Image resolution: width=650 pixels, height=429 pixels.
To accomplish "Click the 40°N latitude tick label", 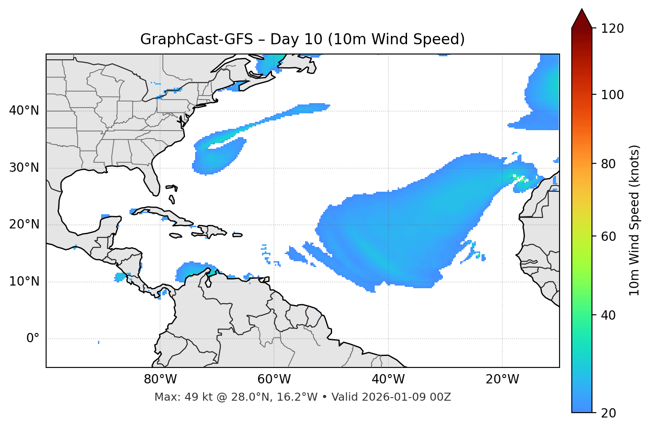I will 24,111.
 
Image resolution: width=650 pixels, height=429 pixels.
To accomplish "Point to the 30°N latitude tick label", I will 24,168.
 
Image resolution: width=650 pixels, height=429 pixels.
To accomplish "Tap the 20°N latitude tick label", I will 24,224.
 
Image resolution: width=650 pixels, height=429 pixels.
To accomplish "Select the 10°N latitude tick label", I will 24,282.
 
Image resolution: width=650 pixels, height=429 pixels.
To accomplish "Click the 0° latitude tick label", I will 33,339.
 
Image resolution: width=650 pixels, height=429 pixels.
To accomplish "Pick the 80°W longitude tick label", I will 160,379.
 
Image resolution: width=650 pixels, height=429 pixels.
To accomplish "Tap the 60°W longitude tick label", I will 274,379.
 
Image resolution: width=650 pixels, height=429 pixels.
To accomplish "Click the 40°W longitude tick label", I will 388,379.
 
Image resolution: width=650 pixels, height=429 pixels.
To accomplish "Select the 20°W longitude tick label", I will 502,379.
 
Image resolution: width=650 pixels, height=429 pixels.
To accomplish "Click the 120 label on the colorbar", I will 612,29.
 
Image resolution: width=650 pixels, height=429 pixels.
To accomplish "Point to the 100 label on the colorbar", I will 612,95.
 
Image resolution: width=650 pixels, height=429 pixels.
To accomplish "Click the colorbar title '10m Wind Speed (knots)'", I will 634,220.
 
